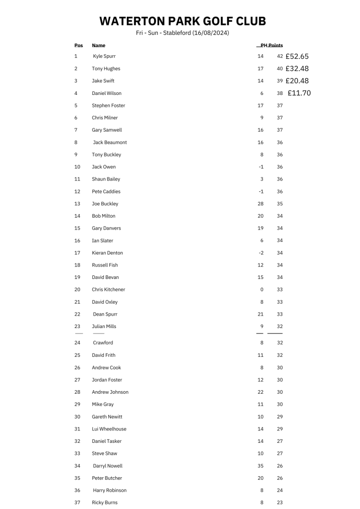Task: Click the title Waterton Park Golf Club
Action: point(182,21)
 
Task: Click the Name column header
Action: point(98,46)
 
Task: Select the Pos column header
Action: point(79,46)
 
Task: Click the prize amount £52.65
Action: point(297,56)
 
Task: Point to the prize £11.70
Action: point(299,93)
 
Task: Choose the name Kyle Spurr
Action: point(104,56)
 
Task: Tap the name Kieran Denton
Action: point(107,253)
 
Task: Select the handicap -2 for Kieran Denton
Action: point(261,253)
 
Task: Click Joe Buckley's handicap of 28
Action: point(261,204)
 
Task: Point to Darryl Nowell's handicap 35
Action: point(261,466)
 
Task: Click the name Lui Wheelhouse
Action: point(109,429)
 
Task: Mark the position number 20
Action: point(77,290)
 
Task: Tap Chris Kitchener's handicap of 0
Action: point(262,290)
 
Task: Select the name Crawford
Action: point(103,343)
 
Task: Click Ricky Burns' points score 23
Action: point(280,503)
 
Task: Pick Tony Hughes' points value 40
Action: point(280,69)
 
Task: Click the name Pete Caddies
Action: point(106,191)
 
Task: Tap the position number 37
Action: point(77,503)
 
